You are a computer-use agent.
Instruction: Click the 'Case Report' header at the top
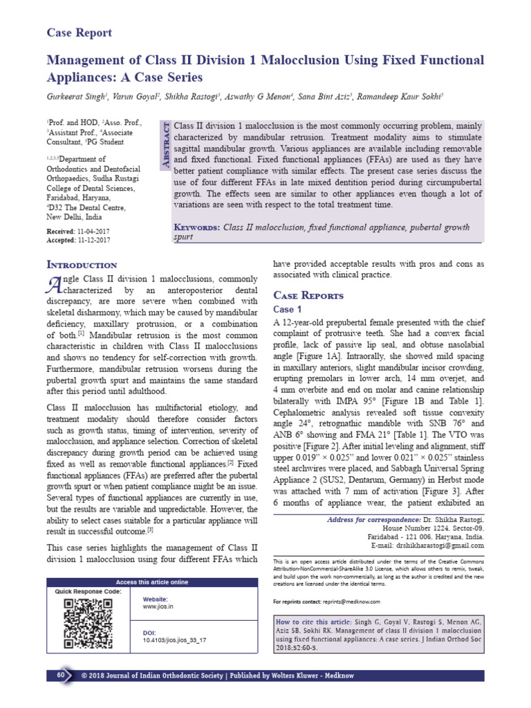79,32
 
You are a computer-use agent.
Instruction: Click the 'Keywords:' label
196,227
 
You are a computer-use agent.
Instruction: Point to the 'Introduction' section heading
82,265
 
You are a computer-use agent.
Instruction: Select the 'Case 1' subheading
288,309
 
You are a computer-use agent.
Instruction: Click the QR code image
88,623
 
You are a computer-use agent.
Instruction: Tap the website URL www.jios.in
158,606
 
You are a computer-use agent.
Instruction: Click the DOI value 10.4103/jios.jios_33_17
174,640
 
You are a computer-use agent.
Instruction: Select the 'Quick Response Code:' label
88,592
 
